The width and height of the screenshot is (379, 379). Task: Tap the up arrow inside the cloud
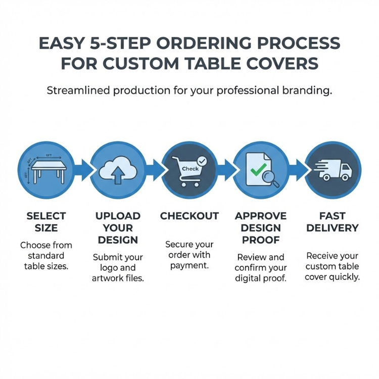click(x=117, y=175)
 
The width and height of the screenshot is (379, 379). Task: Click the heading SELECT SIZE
click(x=46, y=222)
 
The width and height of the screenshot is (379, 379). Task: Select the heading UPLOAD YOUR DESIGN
click(x=118, y=228)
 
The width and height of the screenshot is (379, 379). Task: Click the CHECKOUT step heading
click(x=189, y=216)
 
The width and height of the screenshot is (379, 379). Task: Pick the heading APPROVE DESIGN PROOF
click(x=261, y=228)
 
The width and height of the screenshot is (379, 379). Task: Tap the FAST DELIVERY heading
click(x=332, y=222)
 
